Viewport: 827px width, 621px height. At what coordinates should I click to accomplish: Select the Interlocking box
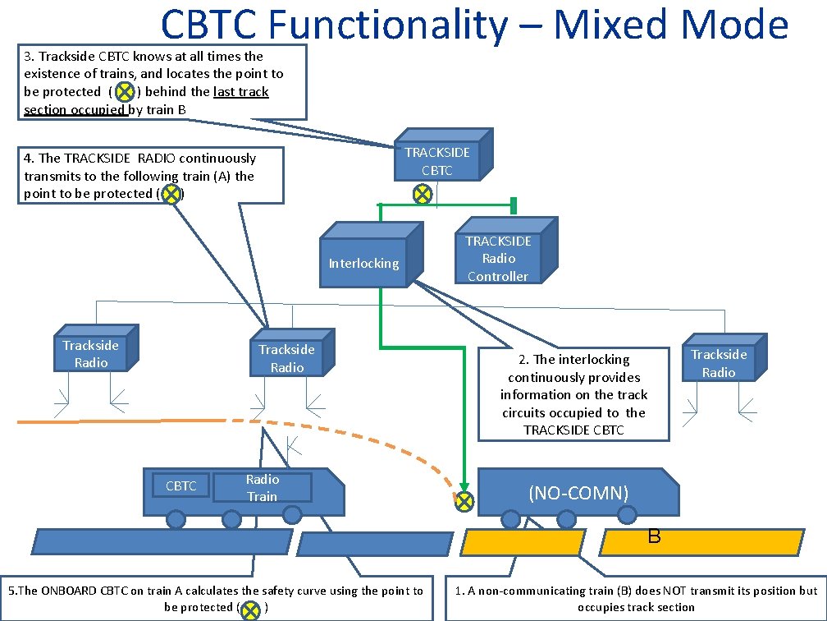372,255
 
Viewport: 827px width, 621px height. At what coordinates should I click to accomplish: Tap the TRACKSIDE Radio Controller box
506,251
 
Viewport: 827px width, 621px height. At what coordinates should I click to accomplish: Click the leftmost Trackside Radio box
96,348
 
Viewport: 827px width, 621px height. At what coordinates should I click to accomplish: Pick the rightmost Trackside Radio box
724,357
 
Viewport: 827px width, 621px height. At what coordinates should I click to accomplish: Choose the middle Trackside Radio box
292,352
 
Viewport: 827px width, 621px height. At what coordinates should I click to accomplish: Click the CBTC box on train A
180,485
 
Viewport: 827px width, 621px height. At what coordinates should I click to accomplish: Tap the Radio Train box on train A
263,487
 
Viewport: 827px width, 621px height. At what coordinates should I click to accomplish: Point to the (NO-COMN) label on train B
578,493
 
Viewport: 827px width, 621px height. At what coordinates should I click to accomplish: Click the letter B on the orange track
654,536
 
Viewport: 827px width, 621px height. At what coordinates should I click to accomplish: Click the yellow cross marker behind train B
464,501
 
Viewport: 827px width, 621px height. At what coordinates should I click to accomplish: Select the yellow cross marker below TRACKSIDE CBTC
422,195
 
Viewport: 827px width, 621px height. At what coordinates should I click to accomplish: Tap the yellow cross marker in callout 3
125,92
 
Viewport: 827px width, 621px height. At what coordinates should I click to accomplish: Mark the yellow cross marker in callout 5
250,609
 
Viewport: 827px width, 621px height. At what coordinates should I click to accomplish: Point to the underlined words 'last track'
241,92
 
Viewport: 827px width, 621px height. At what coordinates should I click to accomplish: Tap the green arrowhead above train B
464,487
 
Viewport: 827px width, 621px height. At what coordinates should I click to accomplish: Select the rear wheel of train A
176,518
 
